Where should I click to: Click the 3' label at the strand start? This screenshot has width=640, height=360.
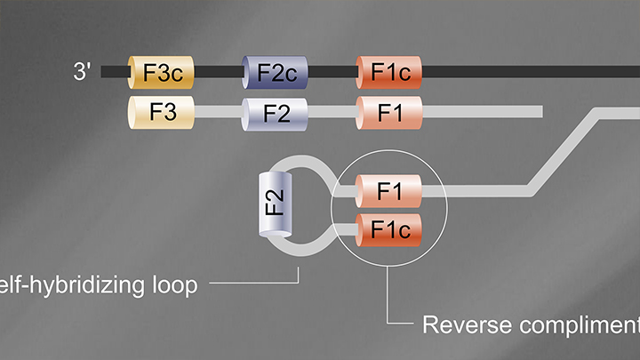pos(83,71)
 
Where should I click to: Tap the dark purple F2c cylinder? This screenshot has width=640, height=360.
pos(275,72)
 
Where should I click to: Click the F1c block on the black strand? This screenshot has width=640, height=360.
pos(388,72)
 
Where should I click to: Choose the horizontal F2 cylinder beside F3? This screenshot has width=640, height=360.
pos(275,112)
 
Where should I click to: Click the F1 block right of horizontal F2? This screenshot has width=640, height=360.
pos(388,112)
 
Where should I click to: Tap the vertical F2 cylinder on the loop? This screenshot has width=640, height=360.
pos(273,204)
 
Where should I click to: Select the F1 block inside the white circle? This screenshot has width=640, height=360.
pos(388,189)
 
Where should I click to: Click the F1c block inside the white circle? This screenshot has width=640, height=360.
pos(388,230)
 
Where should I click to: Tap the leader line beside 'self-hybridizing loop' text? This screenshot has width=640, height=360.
pos(258,286)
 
